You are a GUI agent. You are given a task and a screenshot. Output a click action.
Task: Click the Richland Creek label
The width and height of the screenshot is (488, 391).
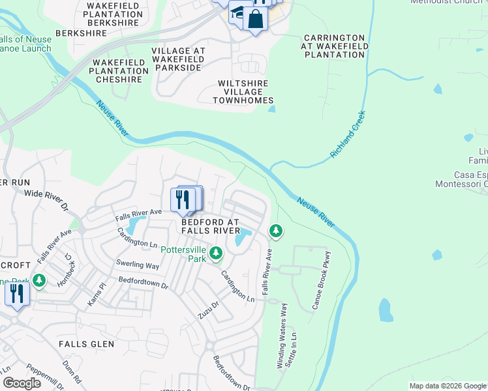coord(348,134)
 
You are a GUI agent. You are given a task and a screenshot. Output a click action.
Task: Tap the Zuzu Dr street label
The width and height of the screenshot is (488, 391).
coord(209,310)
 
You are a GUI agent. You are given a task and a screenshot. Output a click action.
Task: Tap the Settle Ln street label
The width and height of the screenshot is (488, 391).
coord(294,342)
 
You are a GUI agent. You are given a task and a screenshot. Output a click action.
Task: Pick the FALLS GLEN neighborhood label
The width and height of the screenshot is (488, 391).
coord(86,343)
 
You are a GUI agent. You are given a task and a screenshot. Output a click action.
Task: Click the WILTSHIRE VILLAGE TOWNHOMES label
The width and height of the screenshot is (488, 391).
coord(243,92)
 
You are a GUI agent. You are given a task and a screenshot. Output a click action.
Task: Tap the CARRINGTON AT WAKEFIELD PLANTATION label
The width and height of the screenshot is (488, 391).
coord(333,46)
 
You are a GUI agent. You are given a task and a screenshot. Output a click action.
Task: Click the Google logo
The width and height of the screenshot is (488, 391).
coord(22,383)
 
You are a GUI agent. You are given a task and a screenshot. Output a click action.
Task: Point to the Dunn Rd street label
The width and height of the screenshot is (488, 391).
coord(72,371)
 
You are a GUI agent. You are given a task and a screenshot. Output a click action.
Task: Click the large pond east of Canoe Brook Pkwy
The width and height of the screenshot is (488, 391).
coord(386,310)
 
